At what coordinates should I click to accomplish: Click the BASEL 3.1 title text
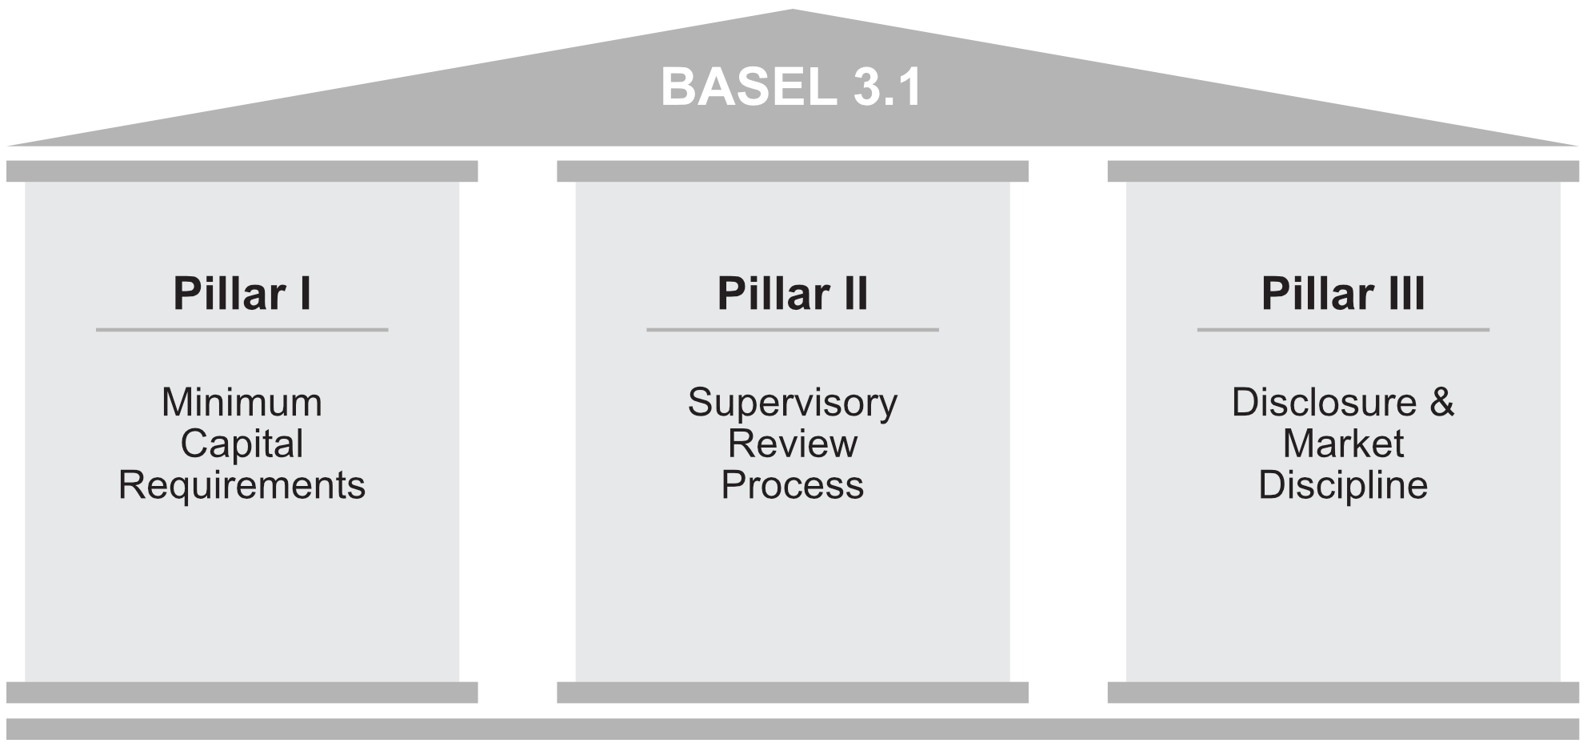(791, 87)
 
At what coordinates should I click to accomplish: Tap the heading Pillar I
(242, 294)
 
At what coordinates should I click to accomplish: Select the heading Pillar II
(792, 294)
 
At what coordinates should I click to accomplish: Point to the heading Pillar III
(1342, 294)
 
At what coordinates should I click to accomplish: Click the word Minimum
(242, 403)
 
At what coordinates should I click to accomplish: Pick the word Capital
(242, 444)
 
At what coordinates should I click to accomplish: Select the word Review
(792, 444)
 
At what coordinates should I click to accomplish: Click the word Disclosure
(1324, 403)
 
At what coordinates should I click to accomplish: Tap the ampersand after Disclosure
(1441, 402)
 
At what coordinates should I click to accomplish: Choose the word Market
(1342, 444)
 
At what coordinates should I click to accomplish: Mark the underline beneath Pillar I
(242, 330)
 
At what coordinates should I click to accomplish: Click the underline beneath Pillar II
(792, 330)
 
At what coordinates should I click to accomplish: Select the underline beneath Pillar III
(1342, 330)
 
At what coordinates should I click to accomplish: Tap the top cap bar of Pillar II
(792, 171)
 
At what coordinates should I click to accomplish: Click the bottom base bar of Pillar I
(242, 693)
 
